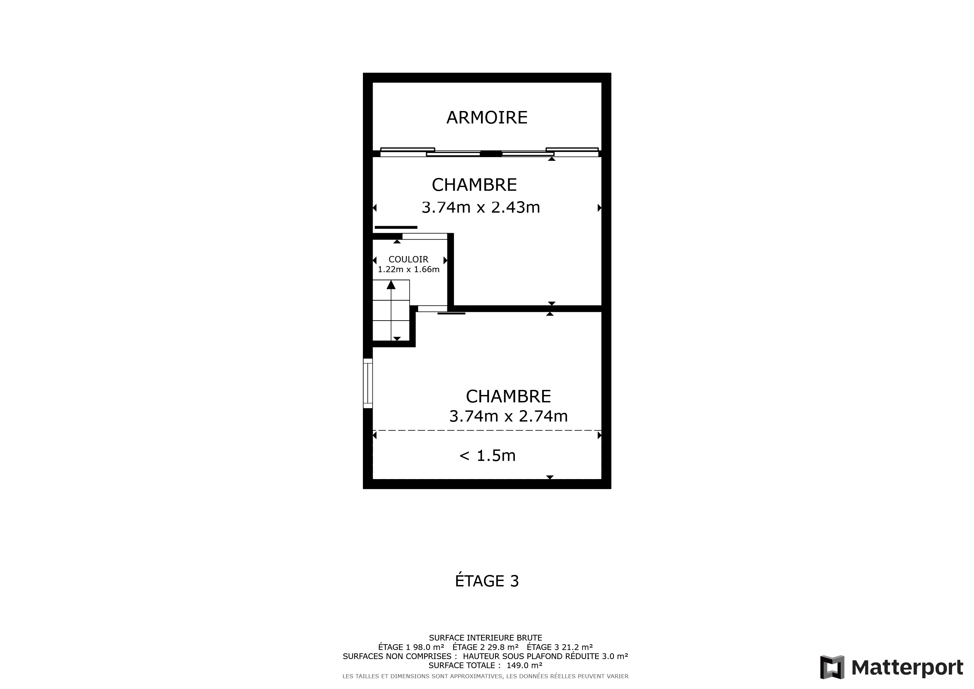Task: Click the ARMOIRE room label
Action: [487, 117]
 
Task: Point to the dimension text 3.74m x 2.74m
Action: [508, 416]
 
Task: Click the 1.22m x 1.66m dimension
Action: [409, 269]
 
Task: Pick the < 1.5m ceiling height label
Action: [487, 456]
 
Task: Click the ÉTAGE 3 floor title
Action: [487, 581]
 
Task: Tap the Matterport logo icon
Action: [832, 667]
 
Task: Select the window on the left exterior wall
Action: [368, 384]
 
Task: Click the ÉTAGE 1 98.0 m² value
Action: [411, 647]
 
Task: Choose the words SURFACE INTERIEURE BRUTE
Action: [485, 638]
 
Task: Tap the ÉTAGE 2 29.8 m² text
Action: [485, 647]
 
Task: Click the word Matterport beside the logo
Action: [907, 668]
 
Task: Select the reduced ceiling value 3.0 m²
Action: [615, 656]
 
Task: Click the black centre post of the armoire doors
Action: [491, 154]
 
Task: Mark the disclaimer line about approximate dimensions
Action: [485, 676]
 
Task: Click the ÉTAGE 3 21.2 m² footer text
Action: [560, 647]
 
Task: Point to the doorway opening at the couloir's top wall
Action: [425, 236]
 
